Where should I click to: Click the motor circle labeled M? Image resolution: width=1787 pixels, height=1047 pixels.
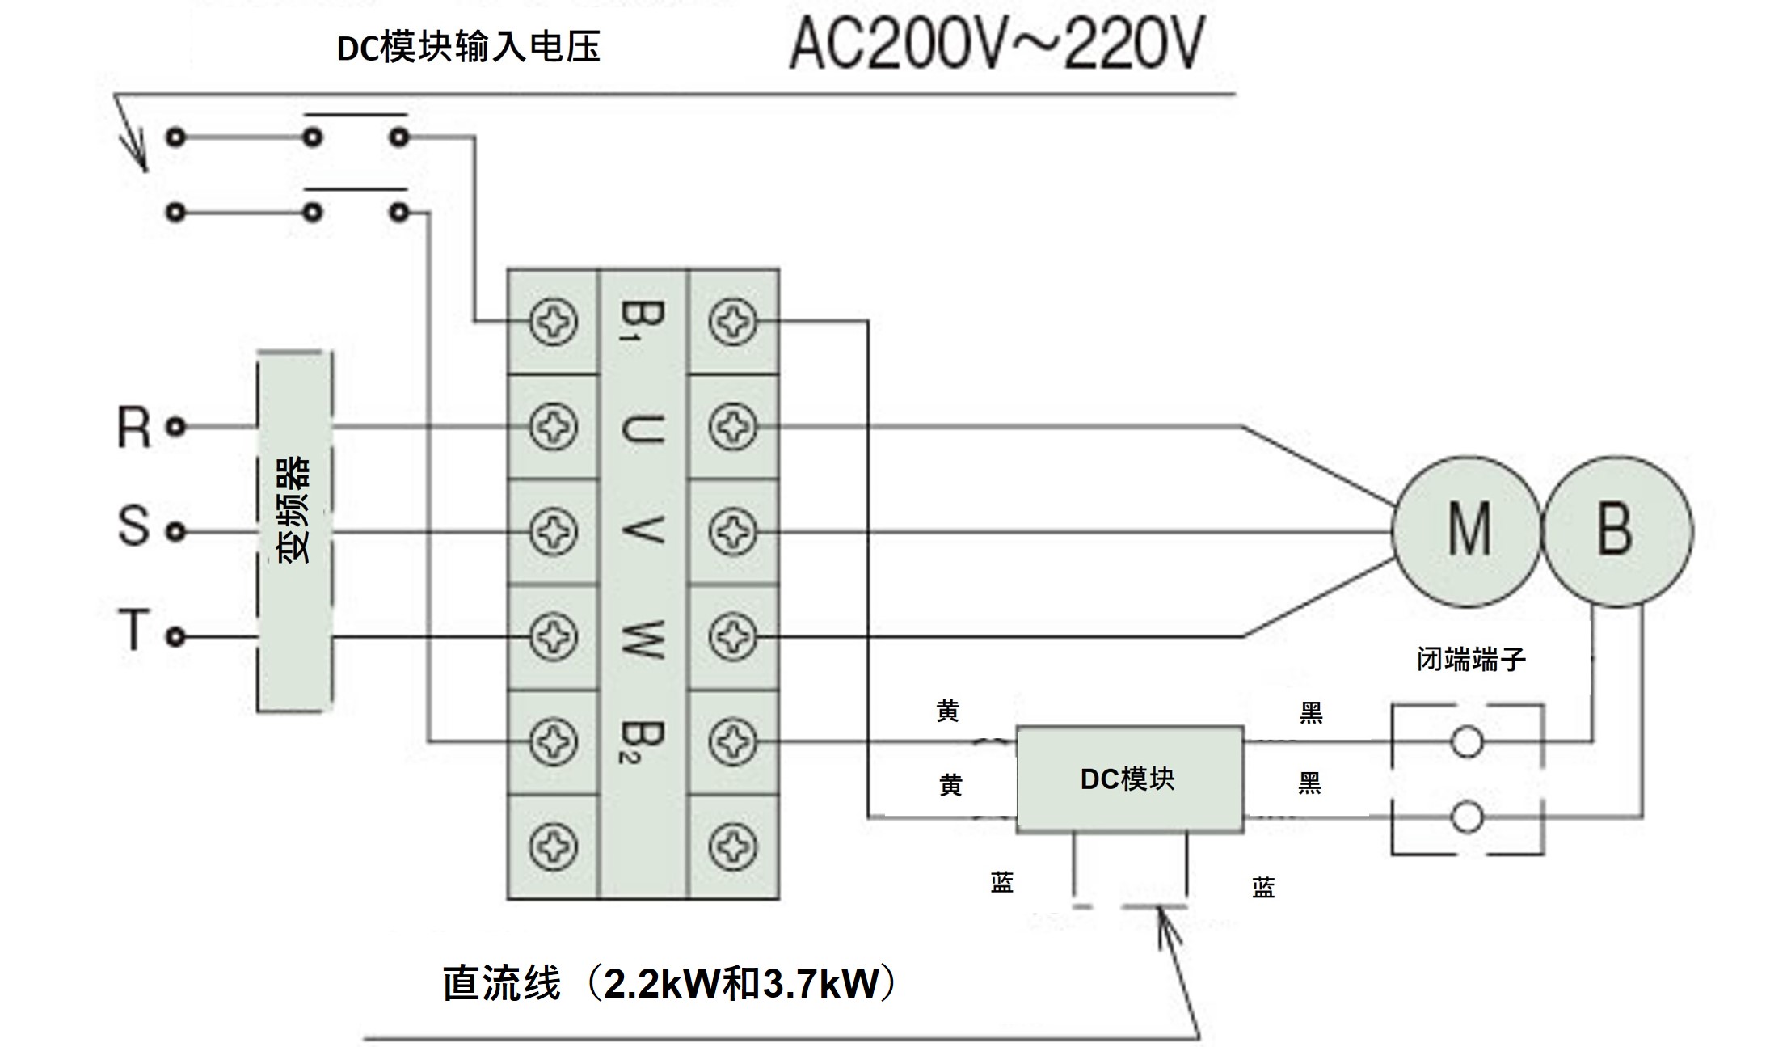coord(1467,531)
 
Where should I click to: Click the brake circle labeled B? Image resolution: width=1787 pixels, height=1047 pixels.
coord(1617,531)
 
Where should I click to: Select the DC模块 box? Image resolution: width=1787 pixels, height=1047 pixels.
coord(1129,779)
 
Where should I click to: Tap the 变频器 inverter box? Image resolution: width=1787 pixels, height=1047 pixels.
coord(294,531)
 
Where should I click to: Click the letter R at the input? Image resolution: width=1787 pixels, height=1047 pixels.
coord(134,427)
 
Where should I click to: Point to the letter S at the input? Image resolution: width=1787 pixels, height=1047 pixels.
coord(134,526)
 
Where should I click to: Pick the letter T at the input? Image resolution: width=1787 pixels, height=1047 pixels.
coord(134,630)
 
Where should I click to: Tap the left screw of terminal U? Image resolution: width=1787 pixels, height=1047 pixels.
coord(554,427)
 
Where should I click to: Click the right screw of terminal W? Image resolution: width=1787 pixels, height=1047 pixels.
coord(733,636)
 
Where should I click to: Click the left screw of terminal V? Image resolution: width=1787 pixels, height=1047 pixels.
coord(554,531)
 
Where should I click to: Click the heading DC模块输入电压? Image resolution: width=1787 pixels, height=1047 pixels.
coord(469,47)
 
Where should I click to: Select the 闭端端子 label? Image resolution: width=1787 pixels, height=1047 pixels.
coord(1471,659)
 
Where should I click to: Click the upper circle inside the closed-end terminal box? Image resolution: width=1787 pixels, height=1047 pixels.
coord(1466,741)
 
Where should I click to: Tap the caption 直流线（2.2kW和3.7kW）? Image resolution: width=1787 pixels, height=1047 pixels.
coord(669,984)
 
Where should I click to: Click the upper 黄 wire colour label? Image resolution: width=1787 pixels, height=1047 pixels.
coord(948,711)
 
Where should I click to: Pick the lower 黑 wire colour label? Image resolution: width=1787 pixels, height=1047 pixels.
coord(1310,783)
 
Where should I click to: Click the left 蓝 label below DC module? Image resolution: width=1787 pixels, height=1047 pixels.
coord(1002,882)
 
